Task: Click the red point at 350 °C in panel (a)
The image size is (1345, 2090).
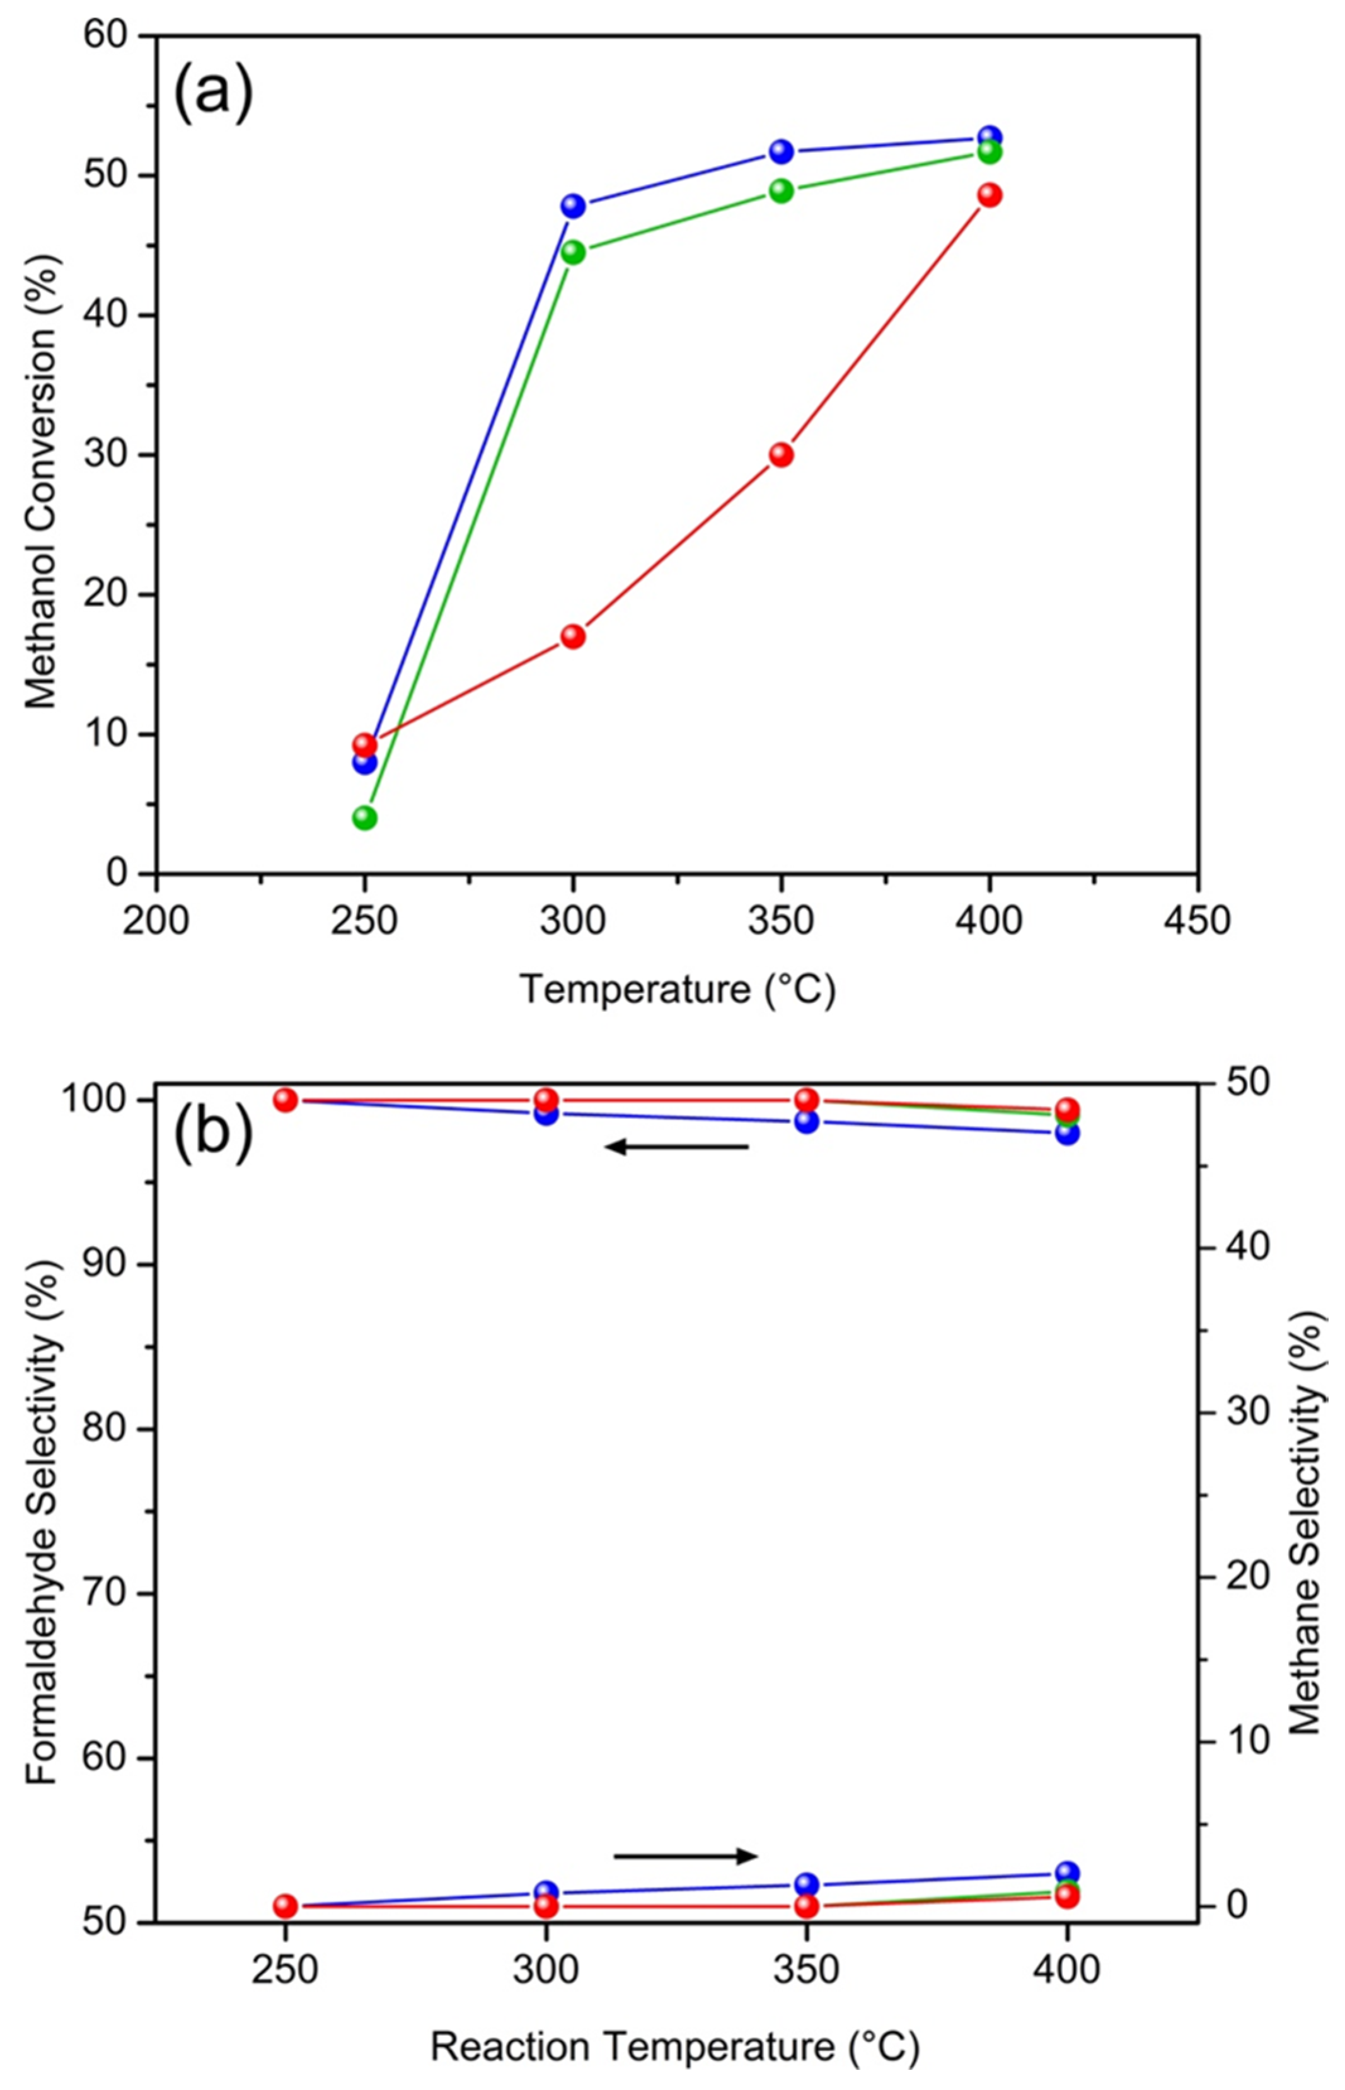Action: (781, 454)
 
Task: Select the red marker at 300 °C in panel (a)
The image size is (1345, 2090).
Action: (573, 636)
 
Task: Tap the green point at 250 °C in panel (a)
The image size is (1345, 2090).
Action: (365, 817)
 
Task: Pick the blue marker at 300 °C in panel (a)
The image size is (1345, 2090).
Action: (573, 206)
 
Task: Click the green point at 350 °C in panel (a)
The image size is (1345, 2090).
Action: (781, 190)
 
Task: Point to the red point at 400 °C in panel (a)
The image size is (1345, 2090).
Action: (989, 195)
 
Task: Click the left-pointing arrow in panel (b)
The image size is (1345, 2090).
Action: (677, 1146)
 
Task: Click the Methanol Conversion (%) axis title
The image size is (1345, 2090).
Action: (40, 480)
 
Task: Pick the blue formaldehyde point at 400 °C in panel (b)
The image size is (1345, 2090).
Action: (1066, 1133)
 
